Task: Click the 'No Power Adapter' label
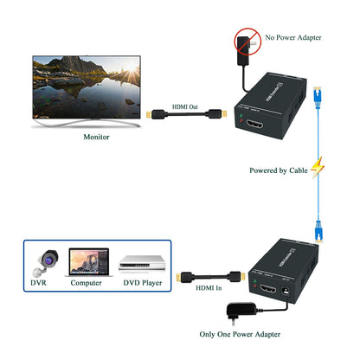pyautogui.click(x=304, y=38)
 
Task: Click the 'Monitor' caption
pyautogui.click(x=96, y=137)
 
